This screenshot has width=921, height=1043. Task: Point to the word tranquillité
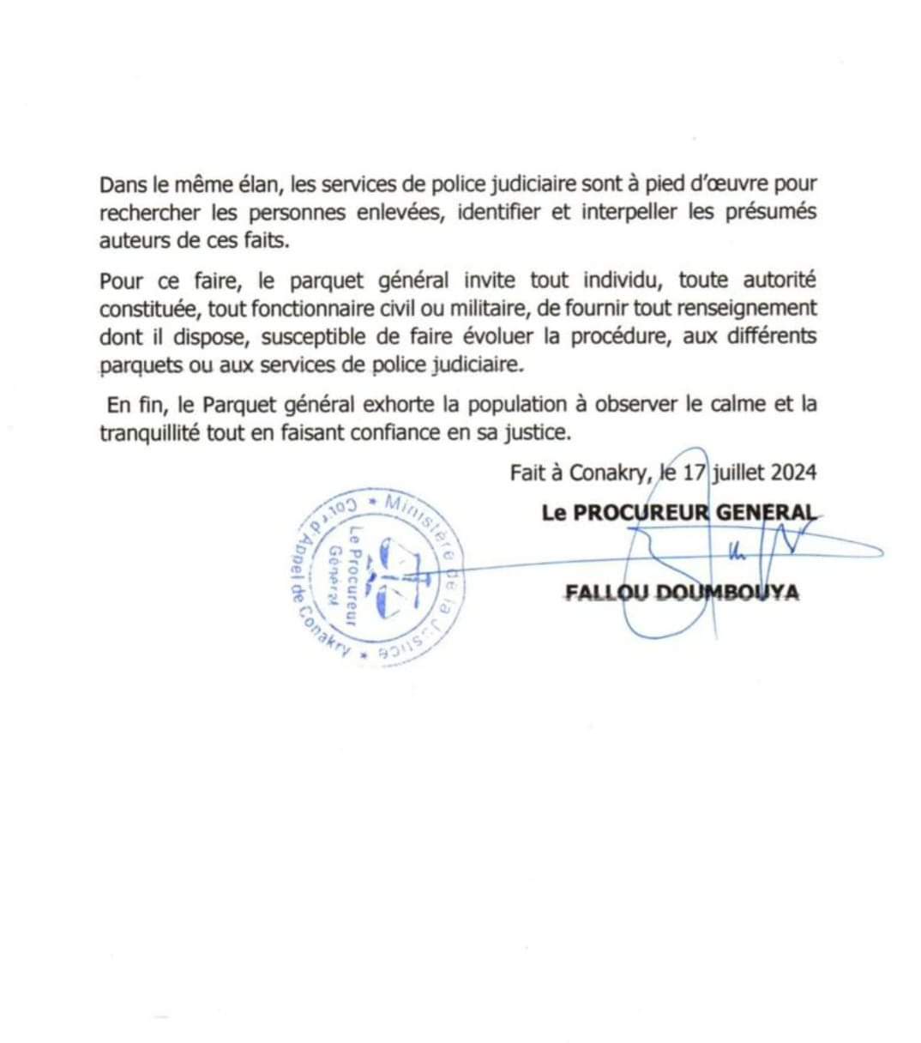[x=149, y=432]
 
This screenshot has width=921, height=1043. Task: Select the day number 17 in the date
[x=693, y=472]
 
